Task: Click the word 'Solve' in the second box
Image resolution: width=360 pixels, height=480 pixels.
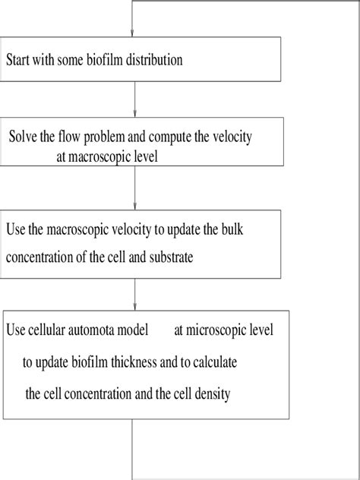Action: [24, 137]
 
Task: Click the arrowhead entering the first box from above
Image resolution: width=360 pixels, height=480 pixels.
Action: [134, 33]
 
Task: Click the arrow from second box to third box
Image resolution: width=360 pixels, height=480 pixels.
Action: [134, 190]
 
